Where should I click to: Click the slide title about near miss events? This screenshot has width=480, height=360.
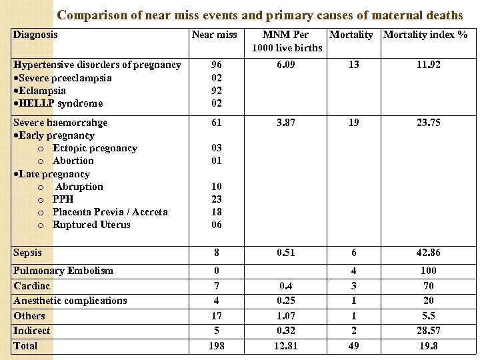point(259,15)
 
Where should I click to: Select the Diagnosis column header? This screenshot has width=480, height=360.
point(35,35)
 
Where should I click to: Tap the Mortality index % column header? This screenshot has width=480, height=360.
point(425,35)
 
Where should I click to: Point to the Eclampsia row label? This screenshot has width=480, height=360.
point(39,91)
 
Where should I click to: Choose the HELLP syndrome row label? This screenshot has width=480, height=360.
point(58,103)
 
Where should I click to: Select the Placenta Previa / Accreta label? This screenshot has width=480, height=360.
point(110,212)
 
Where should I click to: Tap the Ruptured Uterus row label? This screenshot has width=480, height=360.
point(91,225)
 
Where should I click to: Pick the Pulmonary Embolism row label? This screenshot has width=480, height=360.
point(63,271)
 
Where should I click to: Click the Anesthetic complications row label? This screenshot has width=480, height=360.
point(70,301)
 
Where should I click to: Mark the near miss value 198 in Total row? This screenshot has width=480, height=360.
point(216,346)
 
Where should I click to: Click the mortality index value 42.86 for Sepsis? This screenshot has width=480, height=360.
point(429,253)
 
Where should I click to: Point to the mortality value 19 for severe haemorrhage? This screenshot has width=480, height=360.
point(353,123)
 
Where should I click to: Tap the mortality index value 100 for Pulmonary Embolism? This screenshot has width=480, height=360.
point(429,271)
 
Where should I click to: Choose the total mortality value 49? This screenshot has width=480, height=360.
point(353,346)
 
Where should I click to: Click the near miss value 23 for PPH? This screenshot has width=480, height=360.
point(216,199)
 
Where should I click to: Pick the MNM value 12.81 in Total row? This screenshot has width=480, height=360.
point(287,346)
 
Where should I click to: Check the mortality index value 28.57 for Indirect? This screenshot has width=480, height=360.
point(429,331)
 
